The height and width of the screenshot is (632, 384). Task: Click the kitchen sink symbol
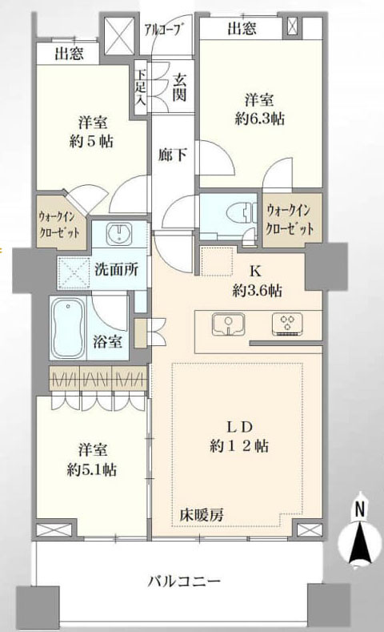[x=226, y=324]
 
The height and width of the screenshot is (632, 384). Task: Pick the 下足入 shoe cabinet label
[x=140, y=84]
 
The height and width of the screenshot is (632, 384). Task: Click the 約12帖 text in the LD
[x=239, y=445]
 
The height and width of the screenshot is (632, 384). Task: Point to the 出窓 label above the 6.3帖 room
[x=241, y=29]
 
